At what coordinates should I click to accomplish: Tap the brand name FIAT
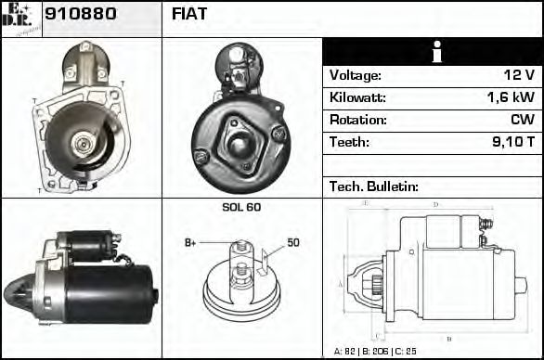tap(189, 14)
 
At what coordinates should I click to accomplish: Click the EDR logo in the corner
tap(21, 18)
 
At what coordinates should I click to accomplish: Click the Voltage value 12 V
tap(516, 75)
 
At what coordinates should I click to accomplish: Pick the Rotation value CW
tap(522, 120)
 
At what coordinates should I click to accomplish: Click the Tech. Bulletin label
tap(374, 186)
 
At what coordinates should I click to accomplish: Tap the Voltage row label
tap(356, 75)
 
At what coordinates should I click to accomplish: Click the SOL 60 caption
tap(241, 208)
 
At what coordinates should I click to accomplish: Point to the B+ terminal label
tap(191, 243)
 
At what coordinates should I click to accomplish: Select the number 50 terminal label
tap(293, 243)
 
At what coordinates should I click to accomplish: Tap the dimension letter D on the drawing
tap(436, 204)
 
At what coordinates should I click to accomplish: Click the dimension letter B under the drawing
tap(448, 336)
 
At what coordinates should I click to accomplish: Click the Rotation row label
tap(356, 120)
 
